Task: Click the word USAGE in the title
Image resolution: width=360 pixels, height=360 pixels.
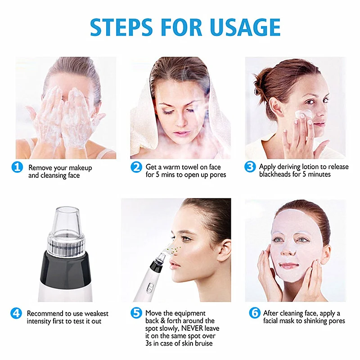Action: pos(245,27)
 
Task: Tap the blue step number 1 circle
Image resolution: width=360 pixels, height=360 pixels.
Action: pos(17,167)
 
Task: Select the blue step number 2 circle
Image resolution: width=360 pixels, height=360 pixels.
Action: pos(136,167)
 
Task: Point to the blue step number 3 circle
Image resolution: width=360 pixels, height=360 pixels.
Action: pos(250,166)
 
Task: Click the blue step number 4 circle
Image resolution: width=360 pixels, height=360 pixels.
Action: pos(16,313)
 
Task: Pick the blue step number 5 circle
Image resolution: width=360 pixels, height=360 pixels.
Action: pos(136,313)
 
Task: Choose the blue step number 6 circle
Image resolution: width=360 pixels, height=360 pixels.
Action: pos(255,313)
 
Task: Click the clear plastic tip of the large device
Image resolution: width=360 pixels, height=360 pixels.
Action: pos(66,221)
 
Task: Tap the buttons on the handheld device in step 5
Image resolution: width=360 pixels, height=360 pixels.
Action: pos(150,288)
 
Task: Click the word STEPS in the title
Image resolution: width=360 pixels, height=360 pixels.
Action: pos(121,27)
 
